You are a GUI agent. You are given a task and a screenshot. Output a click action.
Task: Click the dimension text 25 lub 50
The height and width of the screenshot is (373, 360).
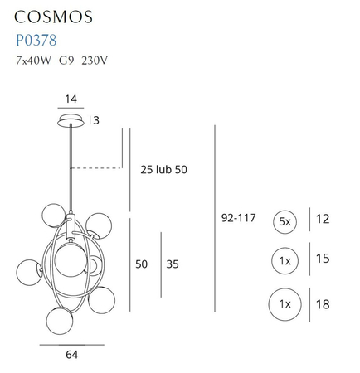coord(163,170)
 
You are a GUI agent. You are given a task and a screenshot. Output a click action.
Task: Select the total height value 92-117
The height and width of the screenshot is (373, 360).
coord(239,220)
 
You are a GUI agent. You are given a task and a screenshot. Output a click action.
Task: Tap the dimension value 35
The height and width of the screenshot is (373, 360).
coord(172,264)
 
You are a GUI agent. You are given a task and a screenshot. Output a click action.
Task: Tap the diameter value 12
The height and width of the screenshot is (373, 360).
coord(323,220)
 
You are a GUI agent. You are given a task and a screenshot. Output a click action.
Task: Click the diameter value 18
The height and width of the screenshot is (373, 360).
coord(323,304)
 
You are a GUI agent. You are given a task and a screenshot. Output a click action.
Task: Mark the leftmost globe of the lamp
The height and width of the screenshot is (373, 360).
coord(27,269)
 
